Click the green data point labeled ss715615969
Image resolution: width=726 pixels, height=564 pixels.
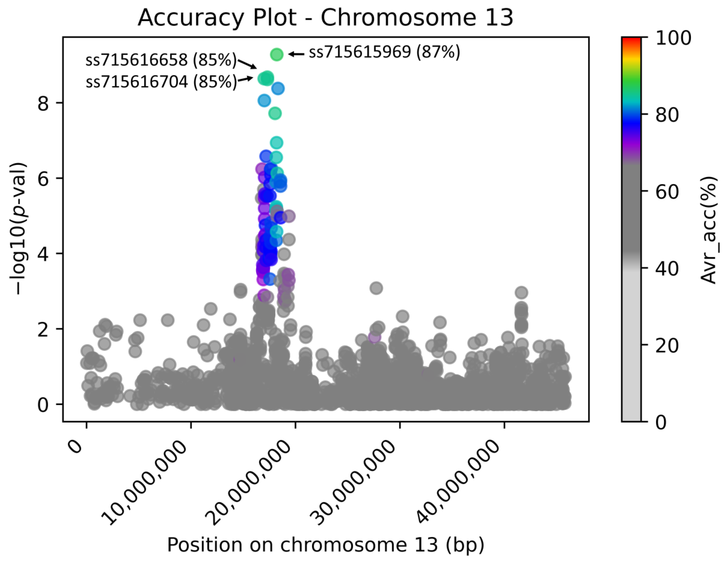276,54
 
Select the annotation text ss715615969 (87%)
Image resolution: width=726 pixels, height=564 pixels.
384,52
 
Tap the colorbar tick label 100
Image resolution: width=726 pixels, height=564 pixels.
673,38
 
